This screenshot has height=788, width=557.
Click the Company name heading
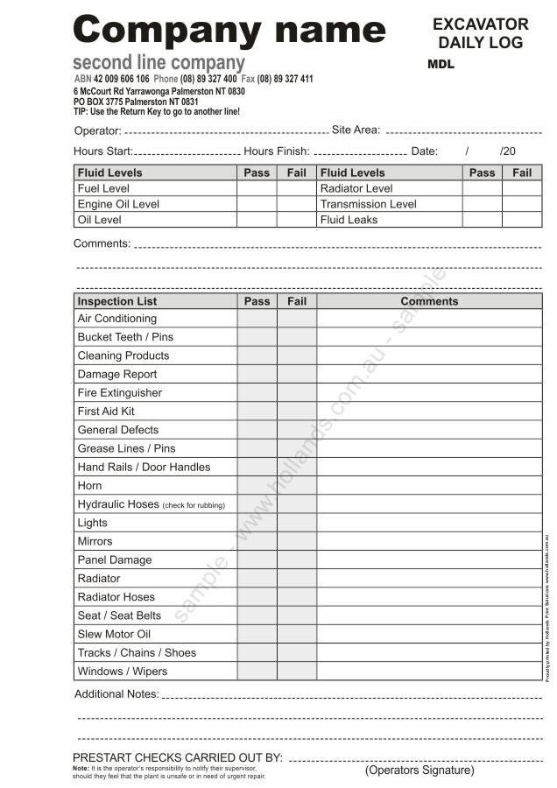[x=229, y=31]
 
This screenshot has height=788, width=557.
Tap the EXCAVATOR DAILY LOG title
[x=481, y=33]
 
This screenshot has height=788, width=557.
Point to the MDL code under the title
[x=441, y=65]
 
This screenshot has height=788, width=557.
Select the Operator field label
[x=96, y=131]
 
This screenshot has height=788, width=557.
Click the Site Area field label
[x=356, y=130]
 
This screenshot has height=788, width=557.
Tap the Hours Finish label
[x=276, y=151]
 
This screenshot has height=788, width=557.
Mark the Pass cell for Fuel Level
[x=257, y=188]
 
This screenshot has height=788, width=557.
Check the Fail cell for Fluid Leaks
[x=522, y=220]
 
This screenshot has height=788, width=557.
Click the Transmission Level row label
[x=368, y=204]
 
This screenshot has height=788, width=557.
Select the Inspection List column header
[x=116, y=301]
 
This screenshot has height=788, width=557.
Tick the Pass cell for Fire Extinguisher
[x=257, y=393]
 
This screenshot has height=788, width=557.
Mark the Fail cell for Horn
[x=297, y=486]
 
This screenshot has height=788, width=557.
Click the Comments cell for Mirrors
[x=429, y=541]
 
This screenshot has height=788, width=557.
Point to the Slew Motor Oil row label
[x=114, y=634]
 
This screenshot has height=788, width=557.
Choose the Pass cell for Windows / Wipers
[x=257, y=672]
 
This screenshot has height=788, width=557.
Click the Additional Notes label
[x=116, y=694]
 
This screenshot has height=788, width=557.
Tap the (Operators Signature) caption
[x=420, y=770]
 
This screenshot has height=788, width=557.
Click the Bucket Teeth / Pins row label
[x=125, y=337]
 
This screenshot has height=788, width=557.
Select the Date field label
[x=424, y=151]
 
